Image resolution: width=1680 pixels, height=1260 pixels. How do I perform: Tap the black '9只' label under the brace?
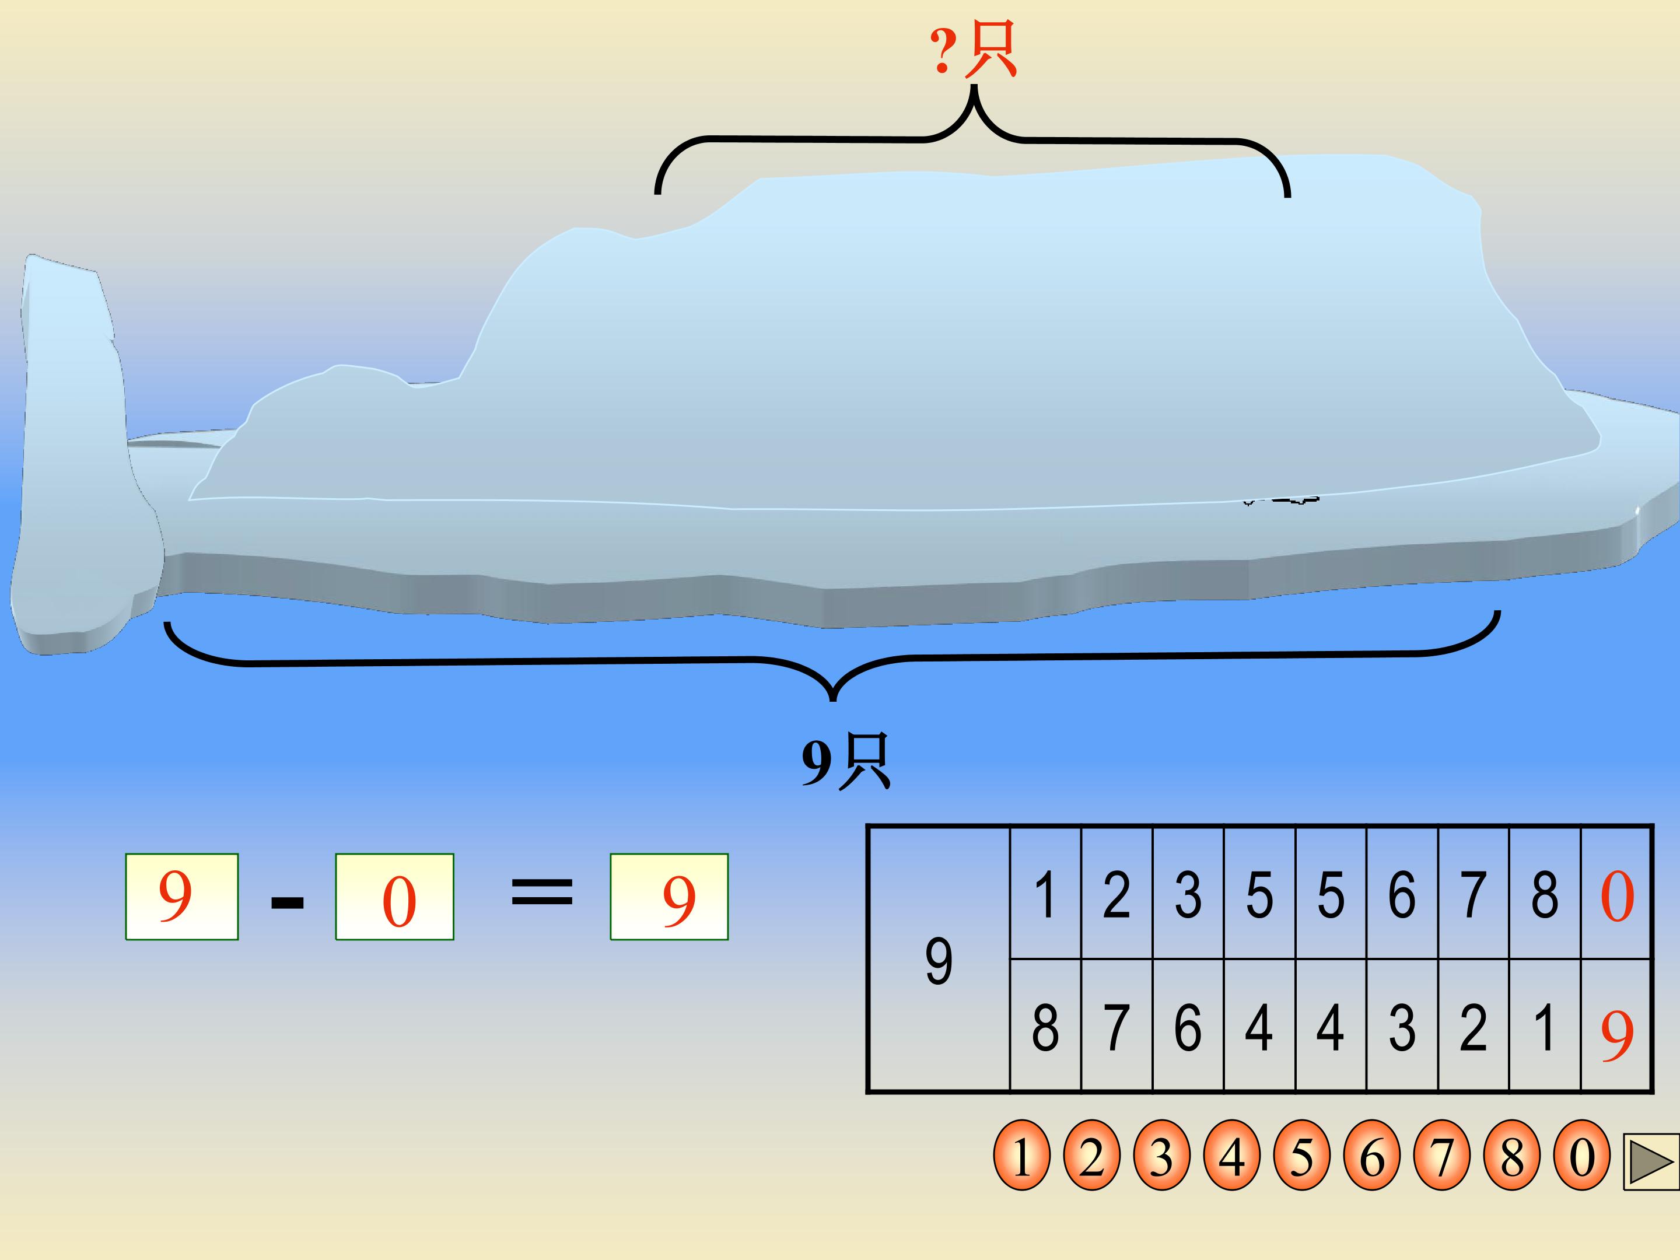pyautogui.click(x=845, y=761)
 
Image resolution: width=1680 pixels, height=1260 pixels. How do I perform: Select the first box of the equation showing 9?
pyautogui.click(x=181, y=897)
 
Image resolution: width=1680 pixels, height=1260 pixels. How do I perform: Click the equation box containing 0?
pyautogui.click(x=394, y=897)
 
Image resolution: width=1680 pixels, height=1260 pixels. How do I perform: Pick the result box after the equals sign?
pyautogui.click(x=668, y=897)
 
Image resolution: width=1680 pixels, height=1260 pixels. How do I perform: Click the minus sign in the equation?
pyautogui.click(x=287, y=903)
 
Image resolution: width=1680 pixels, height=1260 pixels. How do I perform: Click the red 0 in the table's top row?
pyautogui.click(x=1616, y=896)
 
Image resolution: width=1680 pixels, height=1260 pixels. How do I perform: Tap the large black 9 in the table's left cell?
pyautogui.click(x=939, y=961)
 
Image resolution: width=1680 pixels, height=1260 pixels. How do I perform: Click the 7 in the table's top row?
pyautogui.click(x=1473, y=895)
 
